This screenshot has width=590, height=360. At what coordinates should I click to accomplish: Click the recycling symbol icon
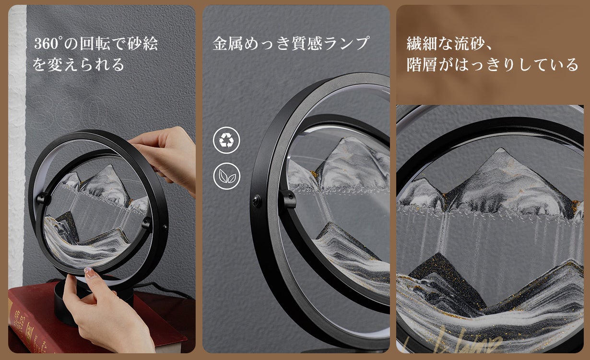tap(226, 140)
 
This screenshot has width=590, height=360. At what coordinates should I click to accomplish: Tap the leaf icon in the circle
tap(226, 176)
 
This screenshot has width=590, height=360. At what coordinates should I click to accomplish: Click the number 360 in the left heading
tap(47, 44)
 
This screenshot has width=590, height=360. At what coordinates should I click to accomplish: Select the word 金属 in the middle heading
tap(228, 44)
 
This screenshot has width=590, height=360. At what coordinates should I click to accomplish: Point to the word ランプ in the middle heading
tap(346, 44)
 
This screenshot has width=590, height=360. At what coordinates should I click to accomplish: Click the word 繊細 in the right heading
tap(422, 44)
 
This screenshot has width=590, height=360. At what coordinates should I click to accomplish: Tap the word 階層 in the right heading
tap(422, 65)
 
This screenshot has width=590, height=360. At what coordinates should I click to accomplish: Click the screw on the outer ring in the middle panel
tap(256, 201)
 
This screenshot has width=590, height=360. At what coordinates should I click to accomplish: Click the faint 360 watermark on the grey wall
tap(69, 112)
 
